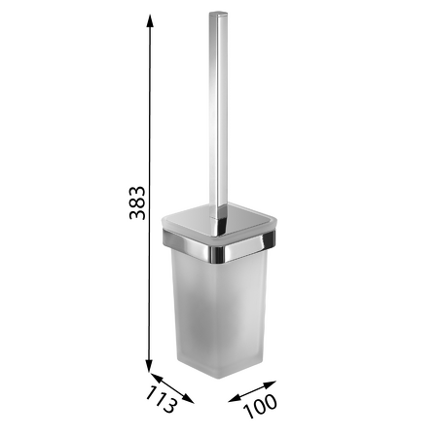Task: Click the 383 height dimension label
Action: (137, 202)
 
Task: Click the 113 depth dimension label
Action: (162, 399)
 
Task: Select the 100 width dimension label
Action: (260, 406)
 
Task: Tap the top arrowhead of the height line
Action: (150, 21)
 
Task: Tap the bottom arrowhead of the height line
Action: (149, 366)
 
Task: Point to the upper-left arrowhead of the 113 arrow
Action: (156, 377)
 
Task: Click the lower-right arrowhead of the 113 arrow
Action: (188, 399)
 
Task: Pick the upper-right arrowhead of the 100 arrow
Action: (270, 384)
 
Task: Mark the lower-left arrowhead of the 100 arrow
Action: (235, 399)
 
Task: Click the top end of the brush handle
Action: (218, 14)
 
